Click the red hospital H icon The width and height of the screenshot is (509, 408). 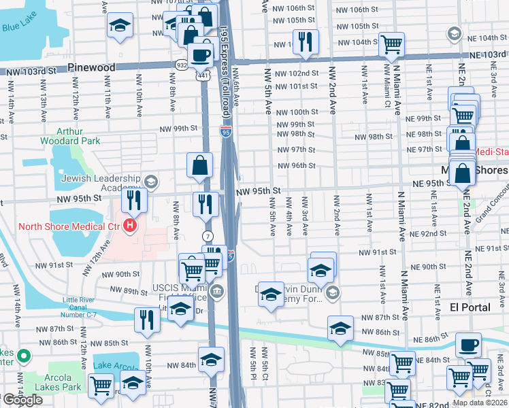[128, 225]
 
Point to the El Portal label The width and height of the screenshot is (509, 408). [470, 307]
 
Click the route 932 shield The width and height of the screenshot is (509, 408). [181, 63]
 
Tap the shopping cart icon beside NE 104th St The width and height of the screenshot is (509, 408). [391, 44]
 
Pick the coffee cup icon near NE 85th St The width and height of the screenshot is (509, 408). [467, 344]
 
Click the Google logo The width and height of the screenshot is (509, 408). [22, 400]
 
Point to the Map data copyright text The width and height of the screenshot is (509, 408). [479, 403]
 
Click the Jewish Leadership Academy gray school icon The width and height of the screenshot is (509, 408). [150, 181]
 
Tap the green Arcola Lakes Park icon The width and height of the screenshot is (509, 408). [23, 355]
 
